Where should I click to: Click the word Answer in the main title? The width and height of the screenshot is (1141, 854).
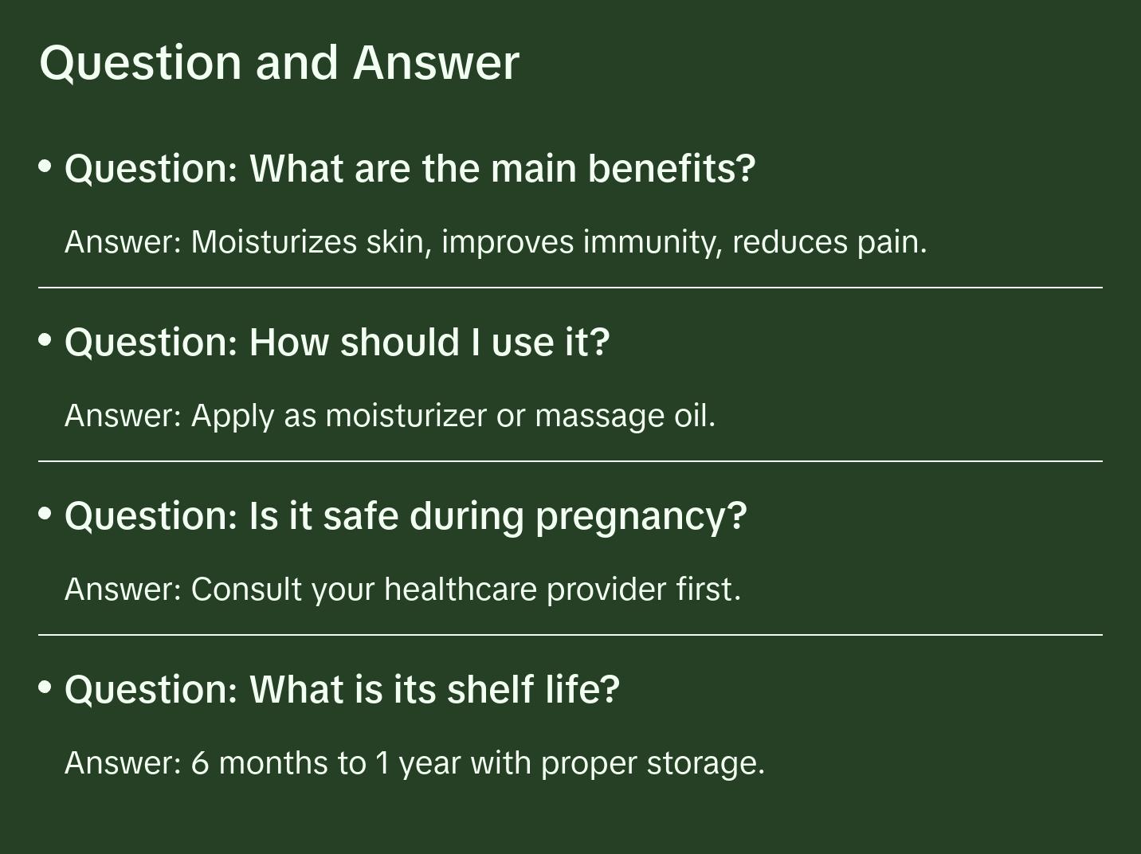pyautogui.click(x=436, y=62)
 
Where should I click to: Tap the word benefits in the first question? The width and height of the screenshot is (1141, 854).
pyautogui.click(x=671, y=168)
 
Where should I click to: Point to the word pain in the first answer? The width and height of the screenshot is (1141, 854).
pyautogui.click(x=892, y=242)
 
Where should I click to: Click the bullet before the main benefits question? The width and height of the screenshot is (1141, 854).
pyautogui.click(x=45, y=166)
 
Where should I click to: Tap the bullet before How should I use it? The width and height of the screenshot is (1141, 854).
pyautogui.click(x=45, y=340)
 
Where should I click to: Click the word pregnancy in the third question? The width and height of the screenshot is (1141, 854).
pyautogui.click(x=641, y=516)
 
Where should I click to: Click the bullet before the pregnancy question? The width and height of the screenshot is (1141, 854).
pyautogui.click(x=45, y=514)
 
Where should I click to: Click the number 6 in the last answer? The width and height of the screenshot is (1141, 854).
pyautogui.click(x=200, y=763)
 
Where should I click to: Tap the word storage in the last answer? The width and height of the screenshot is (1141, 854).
pyautogui.click(x=705, y=763)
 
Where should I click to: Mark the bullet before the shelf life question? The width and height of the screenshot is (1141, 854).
pyautogui.click(x=45, y=687)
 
